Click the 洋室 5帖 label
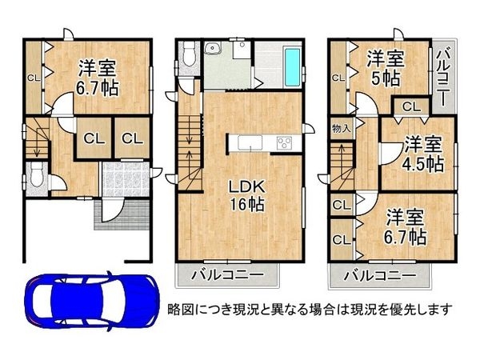385,68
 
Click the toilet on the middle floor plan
188,54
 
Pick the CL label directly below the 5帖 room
410,106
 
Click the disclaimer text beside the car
309,308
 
